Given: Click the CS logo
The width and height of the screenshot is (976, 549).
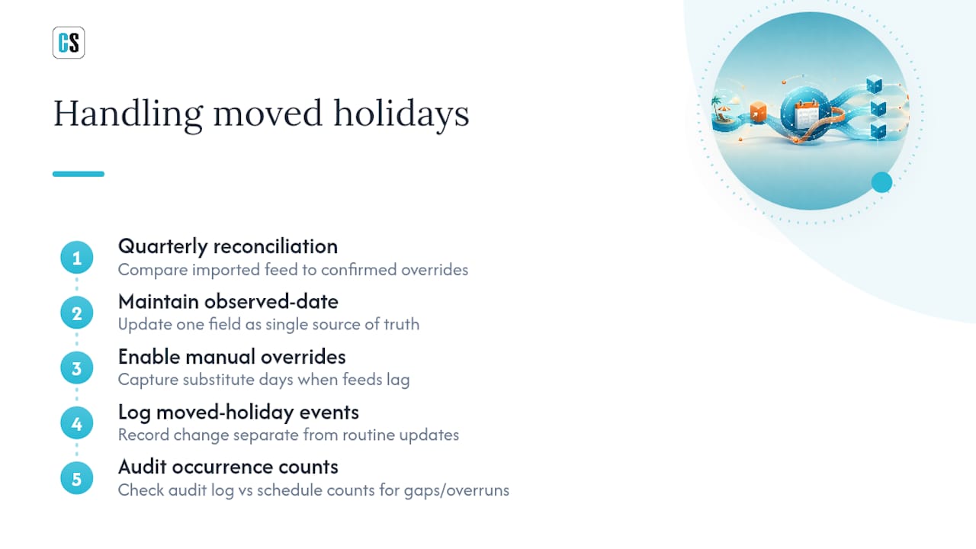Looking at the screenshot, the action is click(x=69, y=43).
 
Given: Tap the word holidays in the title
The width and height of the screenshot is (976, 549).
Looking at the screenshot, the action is click(x=401, y=114).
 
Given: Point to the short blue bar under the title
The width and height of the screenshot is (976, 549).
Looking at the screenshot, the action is click(x=79, y=174).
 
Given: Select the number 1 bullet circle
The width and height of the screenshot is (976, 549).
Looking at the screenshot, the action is click(x=77, y=258).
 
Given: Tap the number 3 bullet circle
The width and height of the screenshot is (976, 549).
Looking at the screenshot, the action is click(x=77, y=368).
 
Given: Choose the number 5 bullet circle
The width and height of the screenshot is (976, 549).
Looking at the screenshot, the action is click(x=77, y=478).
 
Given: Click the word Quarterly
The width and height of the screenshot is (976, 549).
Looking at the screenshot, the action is click(x=163, y=247).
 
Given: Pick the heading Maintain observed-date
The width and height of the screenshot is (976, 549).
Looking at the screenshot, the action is click(x=228, y=301).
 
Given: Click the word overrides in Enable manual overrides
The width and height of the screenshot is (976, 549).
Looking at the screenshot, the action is click(x=303, y=357).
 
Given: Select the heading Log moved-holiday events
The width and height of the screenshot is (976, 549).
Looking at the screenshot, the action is click(x=239, y=413).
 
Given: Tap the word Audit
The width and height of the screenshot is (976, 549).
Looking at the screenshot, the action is click(x=142, y=467).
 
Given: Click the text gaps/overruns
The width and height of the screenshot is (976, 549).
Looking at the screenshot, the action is click(x=456, y=490).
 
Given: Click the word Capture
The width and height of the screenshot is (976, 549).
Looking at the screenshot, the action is click(x=148, y=380).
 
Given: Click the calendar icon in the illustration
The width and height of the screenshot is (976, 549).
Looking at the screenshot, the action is click(x=806, y=114).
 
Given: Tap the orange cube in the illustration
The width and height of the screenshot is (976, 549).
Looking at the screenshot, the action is click(x=758, y=112).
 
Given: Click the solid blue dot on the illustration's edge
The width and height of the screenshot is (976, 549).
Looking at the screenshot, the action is click(x=881, y=182).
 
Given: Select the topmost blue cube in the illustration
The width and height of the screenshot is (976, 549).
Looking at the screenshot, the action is click(x=874, y=84).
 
